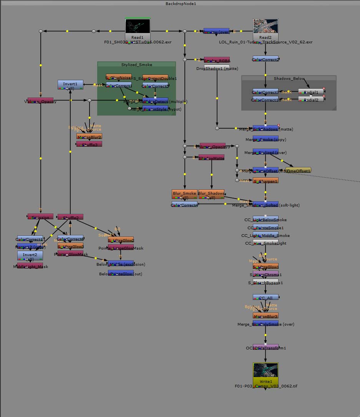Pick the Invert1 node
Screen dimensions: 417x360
tap(70, 85)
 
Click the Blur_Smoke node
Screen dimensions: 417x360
tap(184, 194)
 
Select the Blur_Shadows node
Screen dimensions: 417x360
tap(211, 194)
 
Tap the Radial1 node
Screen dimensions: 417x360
tap(311, 92)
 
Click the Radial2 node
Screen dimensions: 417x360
tap(311, 99)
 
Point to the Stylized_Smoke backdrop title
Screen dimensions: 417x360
tap(137, 65)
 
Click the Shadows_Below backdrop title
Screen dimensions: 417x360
tap(289, 79)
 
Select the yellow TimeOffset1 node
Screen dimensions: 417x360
tap(299, 170)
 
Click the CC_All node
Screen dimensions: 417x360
tap(265, 298)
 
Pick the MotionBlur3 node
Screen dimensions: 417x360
tap(265, 316)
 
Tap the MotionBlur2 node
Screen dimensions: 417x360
tap(89, 137)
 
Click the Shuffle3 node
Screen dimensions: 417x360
tap(89, 144)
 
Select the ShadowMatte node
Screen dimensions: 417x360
tap(211, 158)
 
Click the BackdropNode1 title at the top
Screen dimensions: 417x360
tap(180, 3)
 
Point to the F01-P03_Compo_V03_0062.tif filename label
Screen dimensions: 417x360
tap(265, 386)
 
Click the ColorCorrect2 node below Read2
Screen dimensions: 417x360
tap(265, 60)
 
